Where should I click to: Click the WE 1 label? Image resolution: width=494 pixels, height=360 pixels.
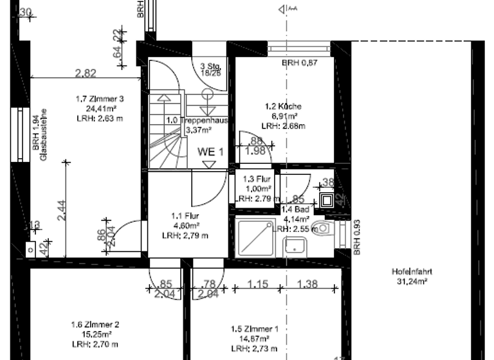(211, 152)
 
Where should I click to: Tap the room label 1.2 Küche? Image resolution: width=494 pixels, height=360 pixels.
(283, 106)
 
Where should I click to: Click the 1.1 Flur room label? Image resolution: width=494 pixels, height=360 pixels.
(185, 216)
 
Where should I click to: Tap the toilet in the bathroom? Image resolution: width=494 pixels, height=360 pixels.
(322, 228)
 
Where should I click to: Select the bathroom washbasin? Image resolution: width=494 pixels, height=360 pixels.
(296, 244)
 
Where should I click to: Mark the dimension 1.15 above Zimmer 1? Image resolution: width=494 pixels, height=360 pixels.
(259, 283)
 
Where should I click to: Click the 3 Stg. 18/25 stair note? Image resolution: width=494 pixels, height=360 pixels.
(210, 69)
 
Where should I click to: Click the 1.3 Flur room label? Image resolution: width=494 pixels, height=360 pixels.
(252, 179)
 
